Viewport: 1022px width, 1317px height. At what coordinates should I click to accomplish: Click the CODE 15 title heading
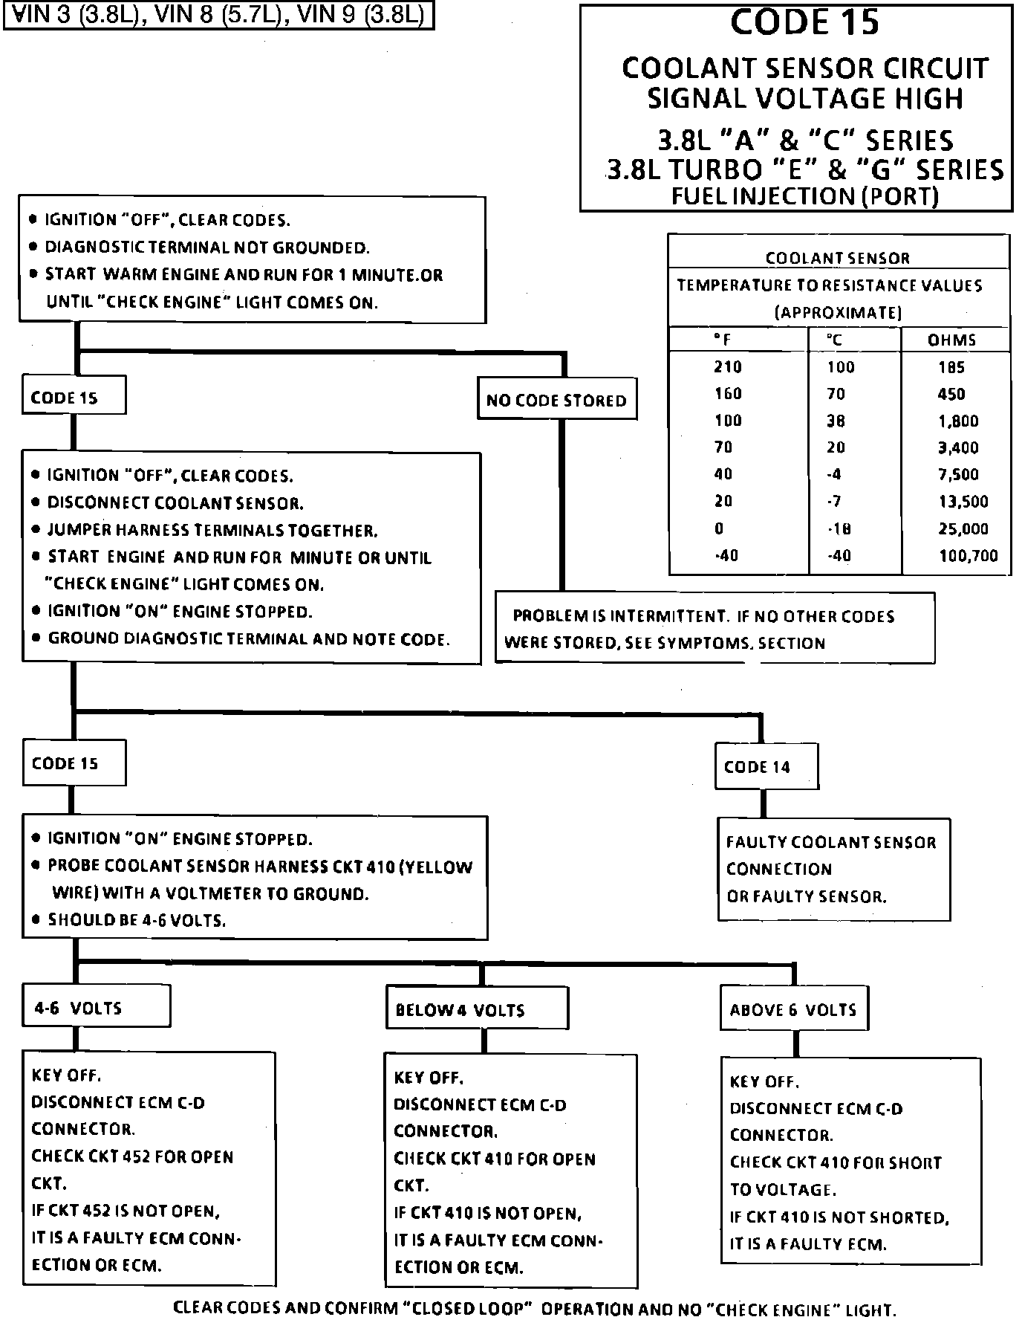804,22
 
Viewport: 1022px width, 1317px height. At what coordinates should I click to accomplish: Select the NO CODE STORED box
556,401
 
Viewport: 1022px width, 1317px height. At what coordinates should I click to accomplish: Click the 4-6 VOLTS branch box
96,1007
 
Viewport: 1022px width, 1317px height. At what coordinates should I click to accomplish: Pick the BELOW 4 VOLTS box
476,1009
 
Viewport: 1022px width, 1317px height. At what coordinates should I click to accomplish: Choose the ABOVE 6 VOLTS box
793,1009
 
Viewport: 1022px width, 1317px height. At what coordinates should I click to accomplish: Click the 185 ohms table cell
951,367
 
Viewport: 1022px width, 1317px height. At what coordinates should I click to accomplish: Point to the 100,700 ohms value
968,555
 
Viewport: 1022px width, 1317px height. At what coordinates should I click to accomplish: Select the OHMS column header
952,340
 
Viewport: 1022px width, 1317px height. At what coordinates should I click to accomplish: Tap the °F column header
722,340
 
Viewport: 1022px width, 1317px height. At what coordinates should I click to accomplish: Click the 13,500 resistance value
963,502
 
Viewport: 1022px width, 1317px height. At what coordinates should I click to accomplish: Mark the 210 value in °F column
728,367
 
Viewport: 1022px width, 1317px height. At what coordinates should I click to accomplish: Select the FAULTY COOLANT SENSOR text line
830,842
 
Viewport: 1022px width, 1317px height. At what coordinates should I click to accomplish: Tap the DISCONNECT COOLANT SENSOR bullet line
175,503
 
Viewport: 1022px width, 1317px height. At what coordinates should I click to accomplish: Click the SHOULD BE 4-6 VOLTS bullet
136,920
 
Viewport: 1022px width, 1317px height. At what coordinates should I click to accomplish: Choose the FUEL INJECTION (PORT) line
805,196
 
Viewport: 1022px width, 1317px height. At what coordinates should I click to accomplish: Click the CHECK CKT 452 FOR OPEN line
132,1156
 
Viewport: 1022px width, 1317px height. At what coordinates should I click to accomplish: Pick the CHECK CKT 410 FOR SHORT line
835,1162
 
